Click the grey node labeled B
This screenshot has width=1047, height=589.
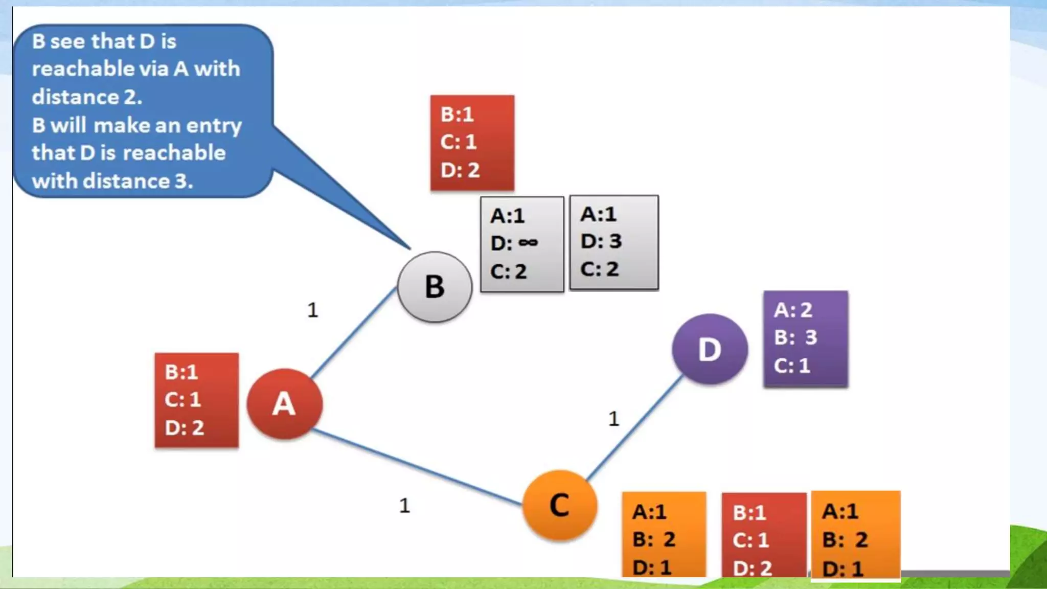[435, 287]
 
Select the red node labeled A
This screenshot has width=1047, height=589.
[285, 404]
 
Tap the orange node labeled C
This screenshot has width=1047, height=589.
[560, 505]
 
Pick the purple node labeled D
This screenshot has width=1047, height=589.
[710, 350]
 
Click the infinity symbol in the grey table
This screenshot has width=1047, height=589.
[528, 242]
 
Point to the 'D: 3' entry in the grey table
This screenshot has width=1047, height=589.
[601, 241]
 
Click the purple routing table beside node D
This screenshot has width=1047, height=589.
[805, 338]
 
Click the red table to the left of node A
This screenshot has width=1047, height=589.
[196, 400]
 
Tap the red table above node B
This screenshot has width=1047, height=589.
[472, 143]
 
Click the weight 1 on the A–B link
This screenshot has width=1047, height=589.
[313, 310]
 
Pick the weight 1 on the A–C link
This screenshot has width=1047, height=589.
[404, 506]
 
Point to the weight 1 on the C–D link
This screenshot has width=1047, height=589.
[614, 419]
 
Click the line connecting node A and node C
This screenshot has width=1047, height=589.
[417, 466]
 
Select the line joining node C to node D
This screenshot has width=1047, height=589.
[634, 428]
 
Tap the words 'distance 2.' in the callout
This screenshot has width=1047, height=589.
[87, 97]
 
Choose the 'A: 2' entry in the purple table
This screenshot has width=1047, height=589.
[793, 310]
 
